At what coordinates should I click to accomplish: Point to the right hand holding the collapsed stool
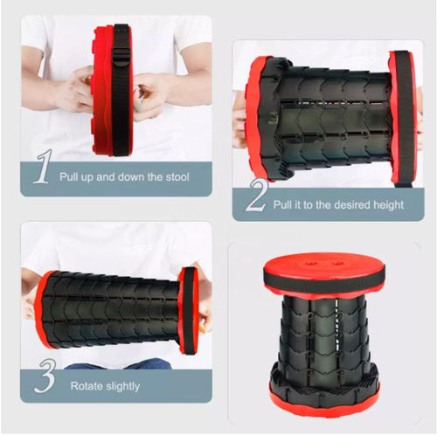[152, 92]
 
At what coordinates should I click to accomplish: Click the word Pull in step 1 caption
[70, 176]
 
